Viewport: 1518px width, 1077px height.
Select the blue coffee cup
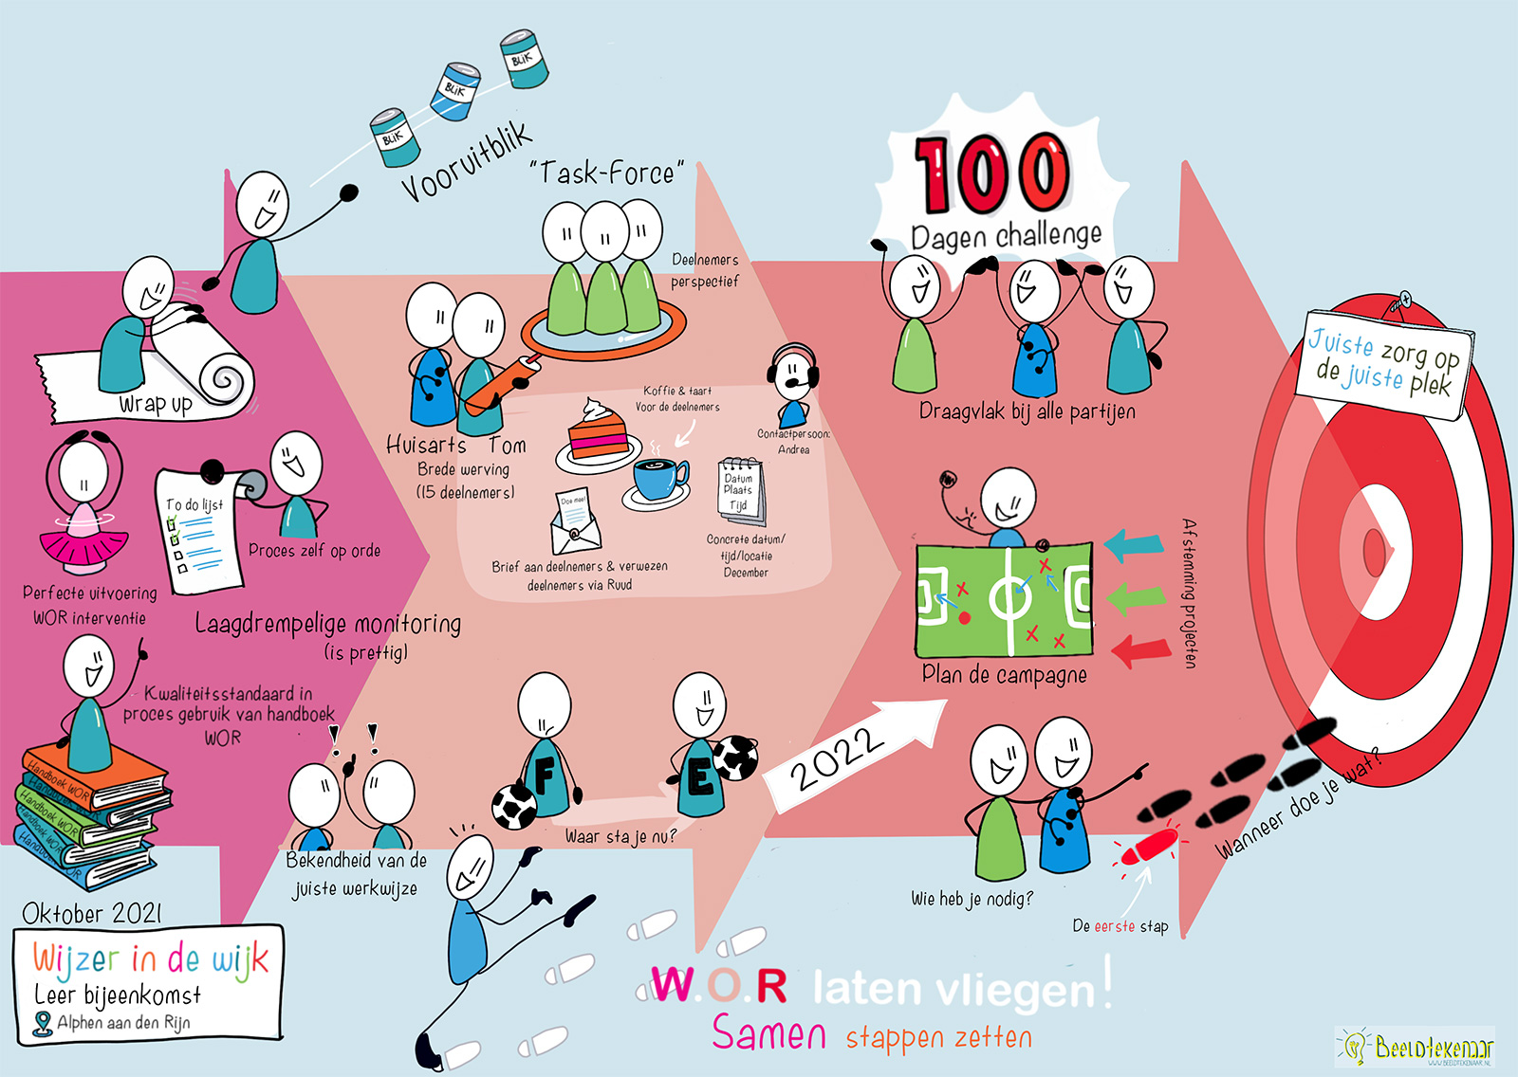659,477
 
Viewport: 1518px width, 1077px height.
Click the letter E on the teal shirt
700,779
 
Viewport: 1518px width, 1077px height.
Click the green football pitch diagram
1004,599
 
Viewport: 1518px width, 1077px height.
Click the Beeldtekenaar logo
1415,1048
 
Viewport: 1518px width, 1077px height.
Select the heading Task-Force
607,173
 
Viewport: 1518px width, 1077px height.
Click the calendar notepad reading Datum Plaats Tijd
740,489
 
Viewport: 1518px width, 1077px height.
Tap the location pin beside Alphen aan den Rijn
42,1024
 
